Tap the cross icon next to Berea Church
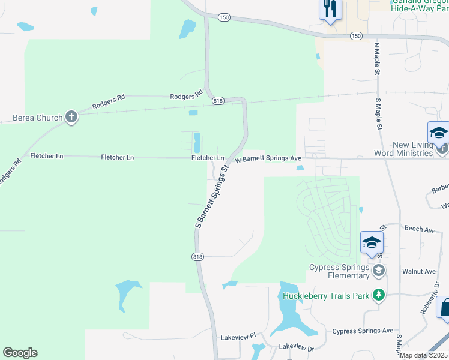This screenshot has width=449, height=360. click(71, 117)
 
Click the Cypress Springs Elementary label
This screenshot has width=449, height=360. click(339, 271)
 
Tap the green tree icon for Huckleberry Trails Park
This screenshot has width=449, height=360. click(378, 295)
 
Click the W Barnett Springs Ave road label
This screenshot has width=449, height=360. click(268, 159)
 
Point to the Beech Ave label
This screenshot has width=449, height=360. click(420, 229)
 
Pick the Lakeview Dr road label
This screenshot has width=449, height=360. click(297, 347)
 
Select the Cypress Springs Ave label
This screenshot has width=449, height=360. click(363, 331)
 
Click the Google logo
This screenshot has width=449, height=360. click(20, 353)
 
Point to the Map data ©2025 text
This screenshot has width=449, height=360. click(424, 355)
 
